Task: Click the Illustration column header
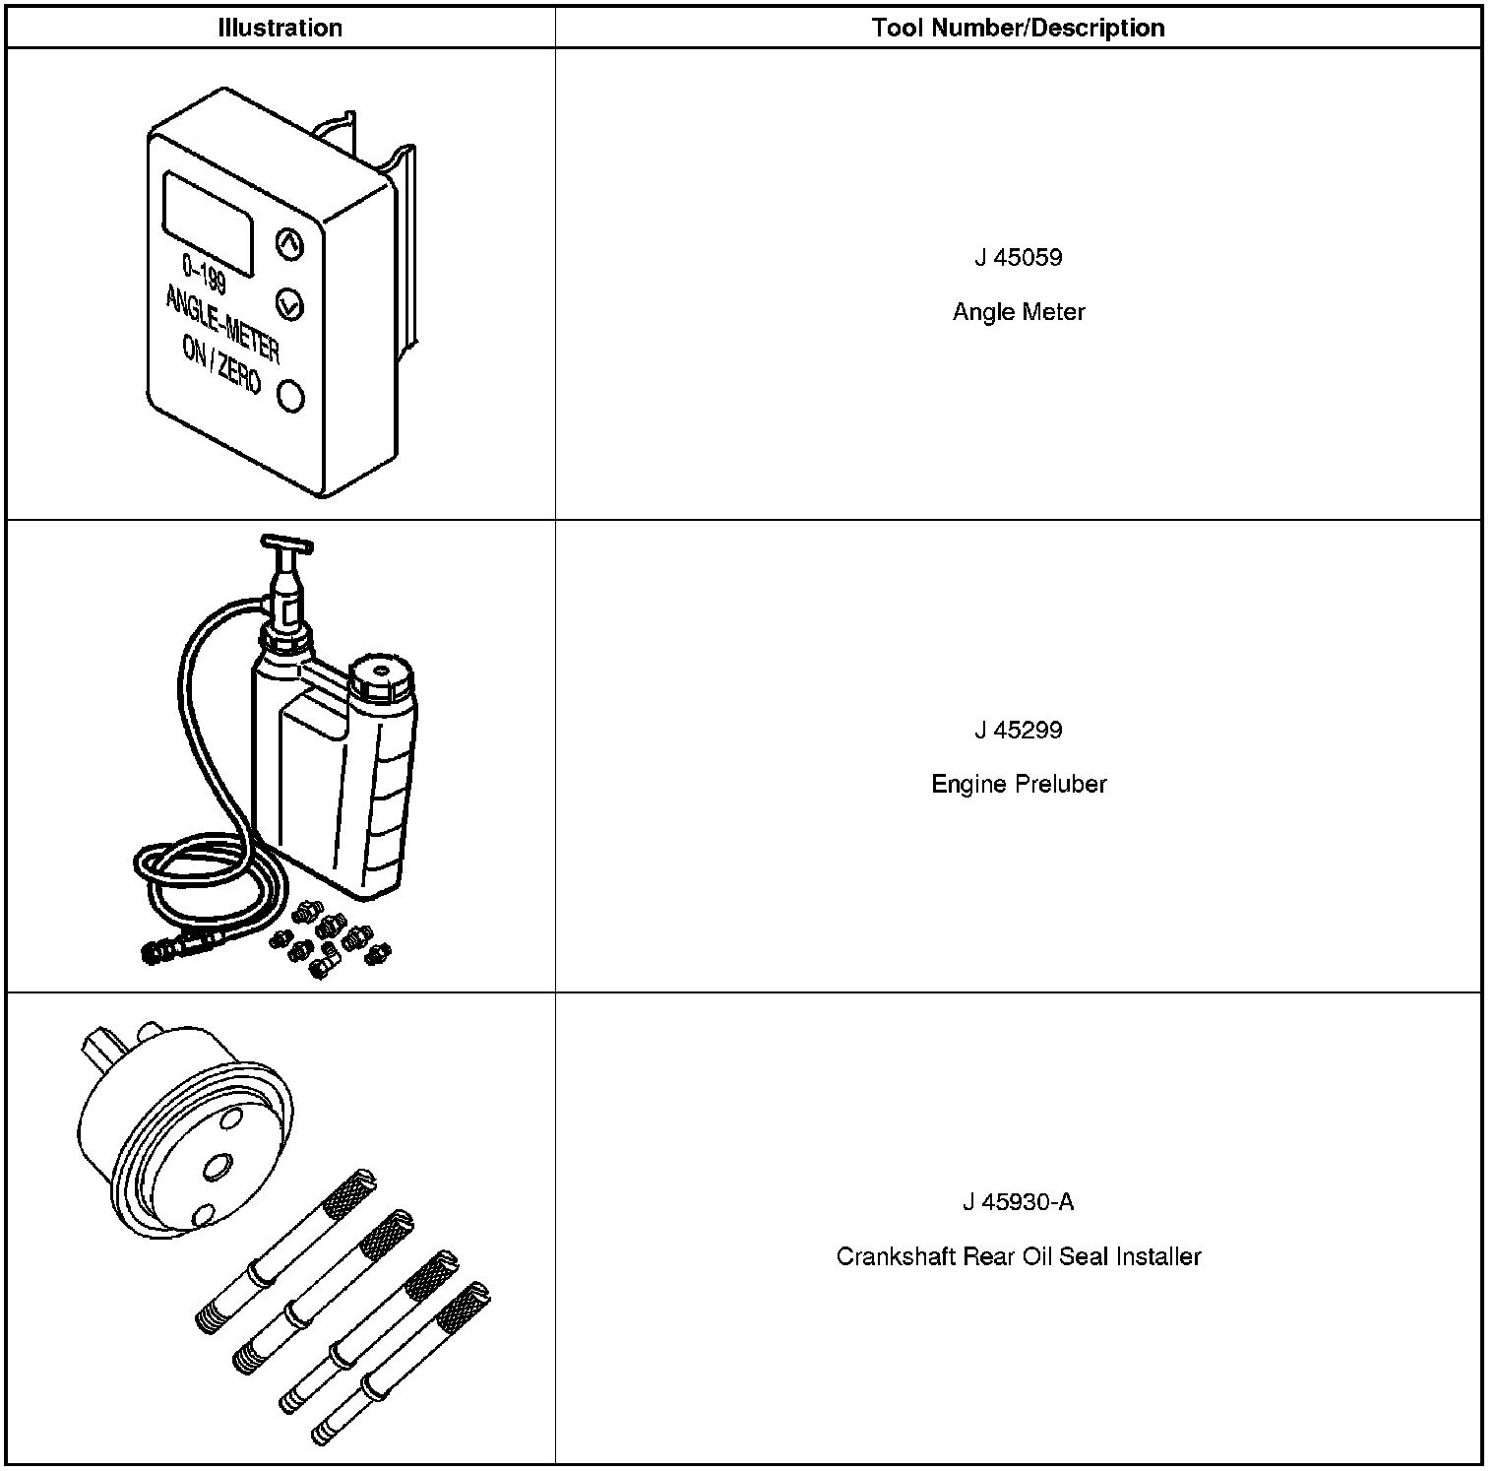(280, 28)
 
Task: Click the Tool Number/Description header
(1018, 28)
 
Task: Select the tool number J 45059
(1019, 258)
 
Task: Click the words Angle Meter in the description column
(1019, 312)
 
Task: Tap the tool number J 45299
(1019, 731)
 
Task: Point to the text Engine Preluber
(1019, 785)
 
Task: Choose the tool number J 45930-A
(1019, 1202)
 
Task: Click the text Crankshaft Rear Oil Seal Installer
(1019, 1256)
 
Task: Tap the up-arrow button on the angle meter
(288, 244)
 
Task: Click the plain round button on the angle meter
(290, 397)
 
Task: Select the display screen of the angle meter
(208, 223)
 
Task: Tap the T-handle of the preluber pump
(286, 543)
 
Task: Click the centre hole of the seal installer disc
(215, 1169)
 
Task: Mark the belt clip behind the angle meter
(404, 246)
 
